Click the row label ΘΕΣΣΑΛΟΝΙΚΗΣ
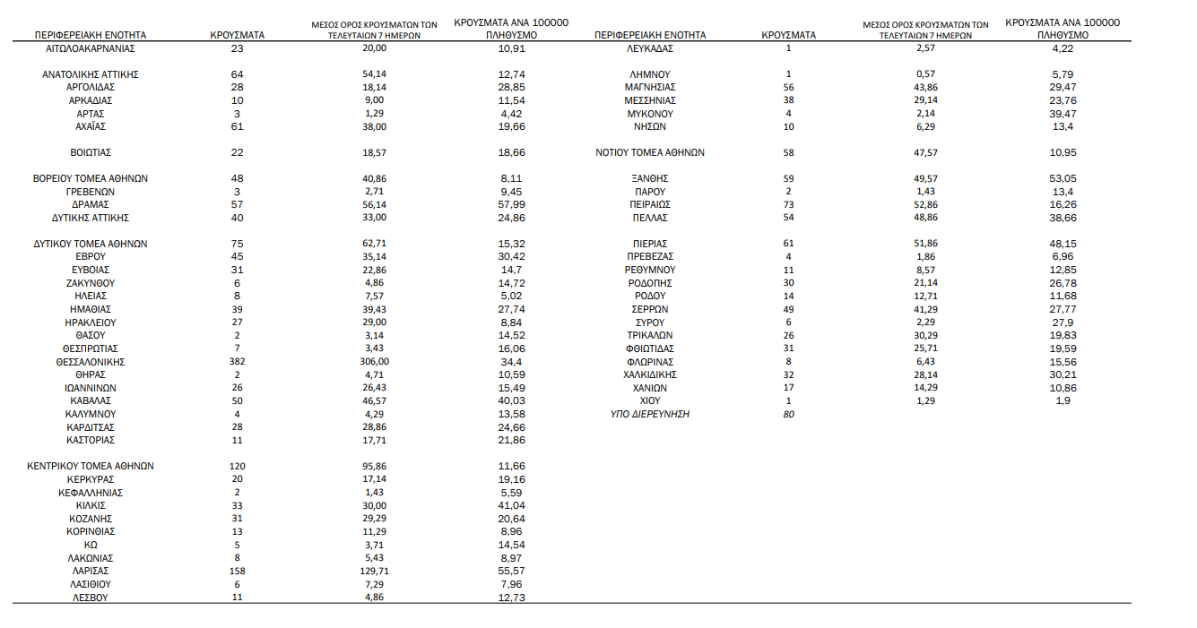(x=90, y=362)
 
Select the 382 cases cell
(x=237, y=362)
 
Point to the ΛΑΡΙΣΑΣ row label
(x=90, y=571)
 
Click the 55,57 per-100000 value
(x=511, y=571)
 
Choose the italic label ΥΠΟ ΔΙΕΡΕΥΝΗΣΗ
(x=650, y=414)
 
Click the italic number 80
(x=788, y=414)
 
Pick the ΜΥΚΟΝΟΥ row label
(x=650, y=114)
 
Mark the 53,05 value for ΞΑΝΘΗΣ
(x=1063, y=178)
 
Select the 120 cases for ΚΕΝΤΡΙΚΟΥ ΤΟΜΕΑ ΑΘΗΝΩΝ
(x=237, y=467)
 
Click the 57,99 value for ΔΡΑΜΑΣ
(x=511, y=205)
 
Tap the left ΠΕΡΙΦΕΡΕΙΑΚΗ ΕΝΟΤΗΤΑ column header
(x=90, y=35)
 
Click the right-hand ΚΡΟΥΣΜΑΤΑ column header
(x=788, y=35)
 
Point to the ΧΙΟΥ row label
(x=650, y=400)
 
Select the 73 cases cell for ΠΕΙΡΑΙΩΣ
(x=788, y=205)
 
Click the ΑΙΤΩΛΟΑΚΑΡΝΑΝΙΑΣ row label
(x=90, y=48)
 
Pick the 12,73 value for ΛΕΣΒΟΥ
(x=511, y=598)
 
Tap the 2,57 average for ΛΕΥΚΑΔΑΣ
(x=925, y=48)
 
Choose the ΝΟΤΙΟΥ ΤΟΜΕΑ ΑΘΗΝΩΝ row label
(x=650, y=152)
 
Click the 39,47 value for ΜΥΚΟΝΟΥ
(x=1063, y=114)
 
